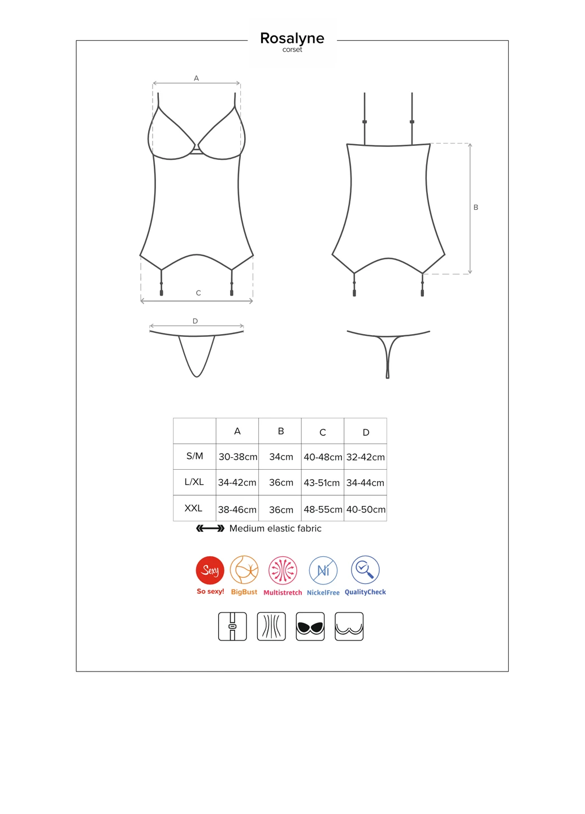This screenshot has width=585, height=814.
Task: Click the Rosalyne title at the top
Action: [x=292, y=38]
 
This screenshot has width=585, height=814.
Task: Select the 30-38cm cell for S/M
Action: [x=237, y=457]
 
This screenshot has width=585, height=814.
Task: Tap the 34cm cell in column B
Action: [x=281, y=457]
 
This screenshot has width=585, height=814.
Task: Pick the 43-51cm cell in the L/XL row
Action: [x=322, y=483]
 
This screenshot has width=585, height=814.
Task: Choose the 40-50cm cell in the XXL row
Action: [x=366, y=509]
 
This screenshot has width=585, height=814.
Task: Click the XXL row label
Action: [x=193, y=508]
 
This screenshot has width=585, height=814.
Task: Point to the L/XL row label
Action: [x=194, y=482]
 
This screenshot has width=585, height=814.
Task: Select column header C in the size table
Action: [x=323, y=432]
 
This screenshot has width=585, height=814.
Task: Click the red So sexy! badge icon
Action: [x=210, y=570]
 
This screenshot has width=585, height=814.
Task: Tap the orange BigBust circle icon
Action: [x=244, y=570]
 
